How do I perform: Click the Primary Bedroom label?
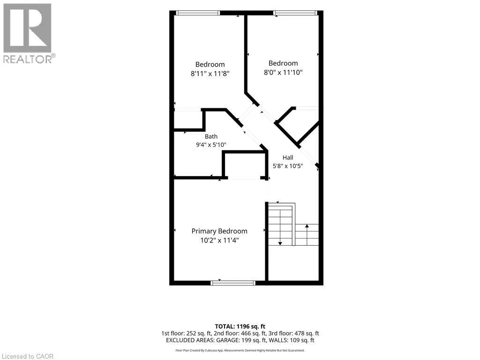(219, 232)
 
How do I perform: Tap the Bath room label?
(211, 136)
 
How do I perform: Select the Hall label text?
(288, 157)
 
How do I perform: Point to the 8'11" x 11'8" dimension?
(210, 74)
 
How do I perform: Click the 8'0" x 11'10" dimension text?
(283, 72)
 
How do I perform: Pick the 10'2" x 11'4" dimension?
(219, 240)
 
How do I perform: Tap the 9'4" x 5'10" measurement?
(211, 144)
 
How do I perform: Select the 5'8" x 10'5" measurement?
(288, 166)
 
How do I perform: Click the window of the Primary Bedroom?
(233, 283)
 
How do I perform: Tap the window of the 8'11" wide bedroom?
(198, 13)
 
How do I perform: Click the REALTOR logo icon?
(27, 28)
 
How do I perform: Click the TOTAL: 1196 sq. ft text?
(240, 326)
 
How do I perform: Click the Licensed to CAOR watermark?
(28, 356)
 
